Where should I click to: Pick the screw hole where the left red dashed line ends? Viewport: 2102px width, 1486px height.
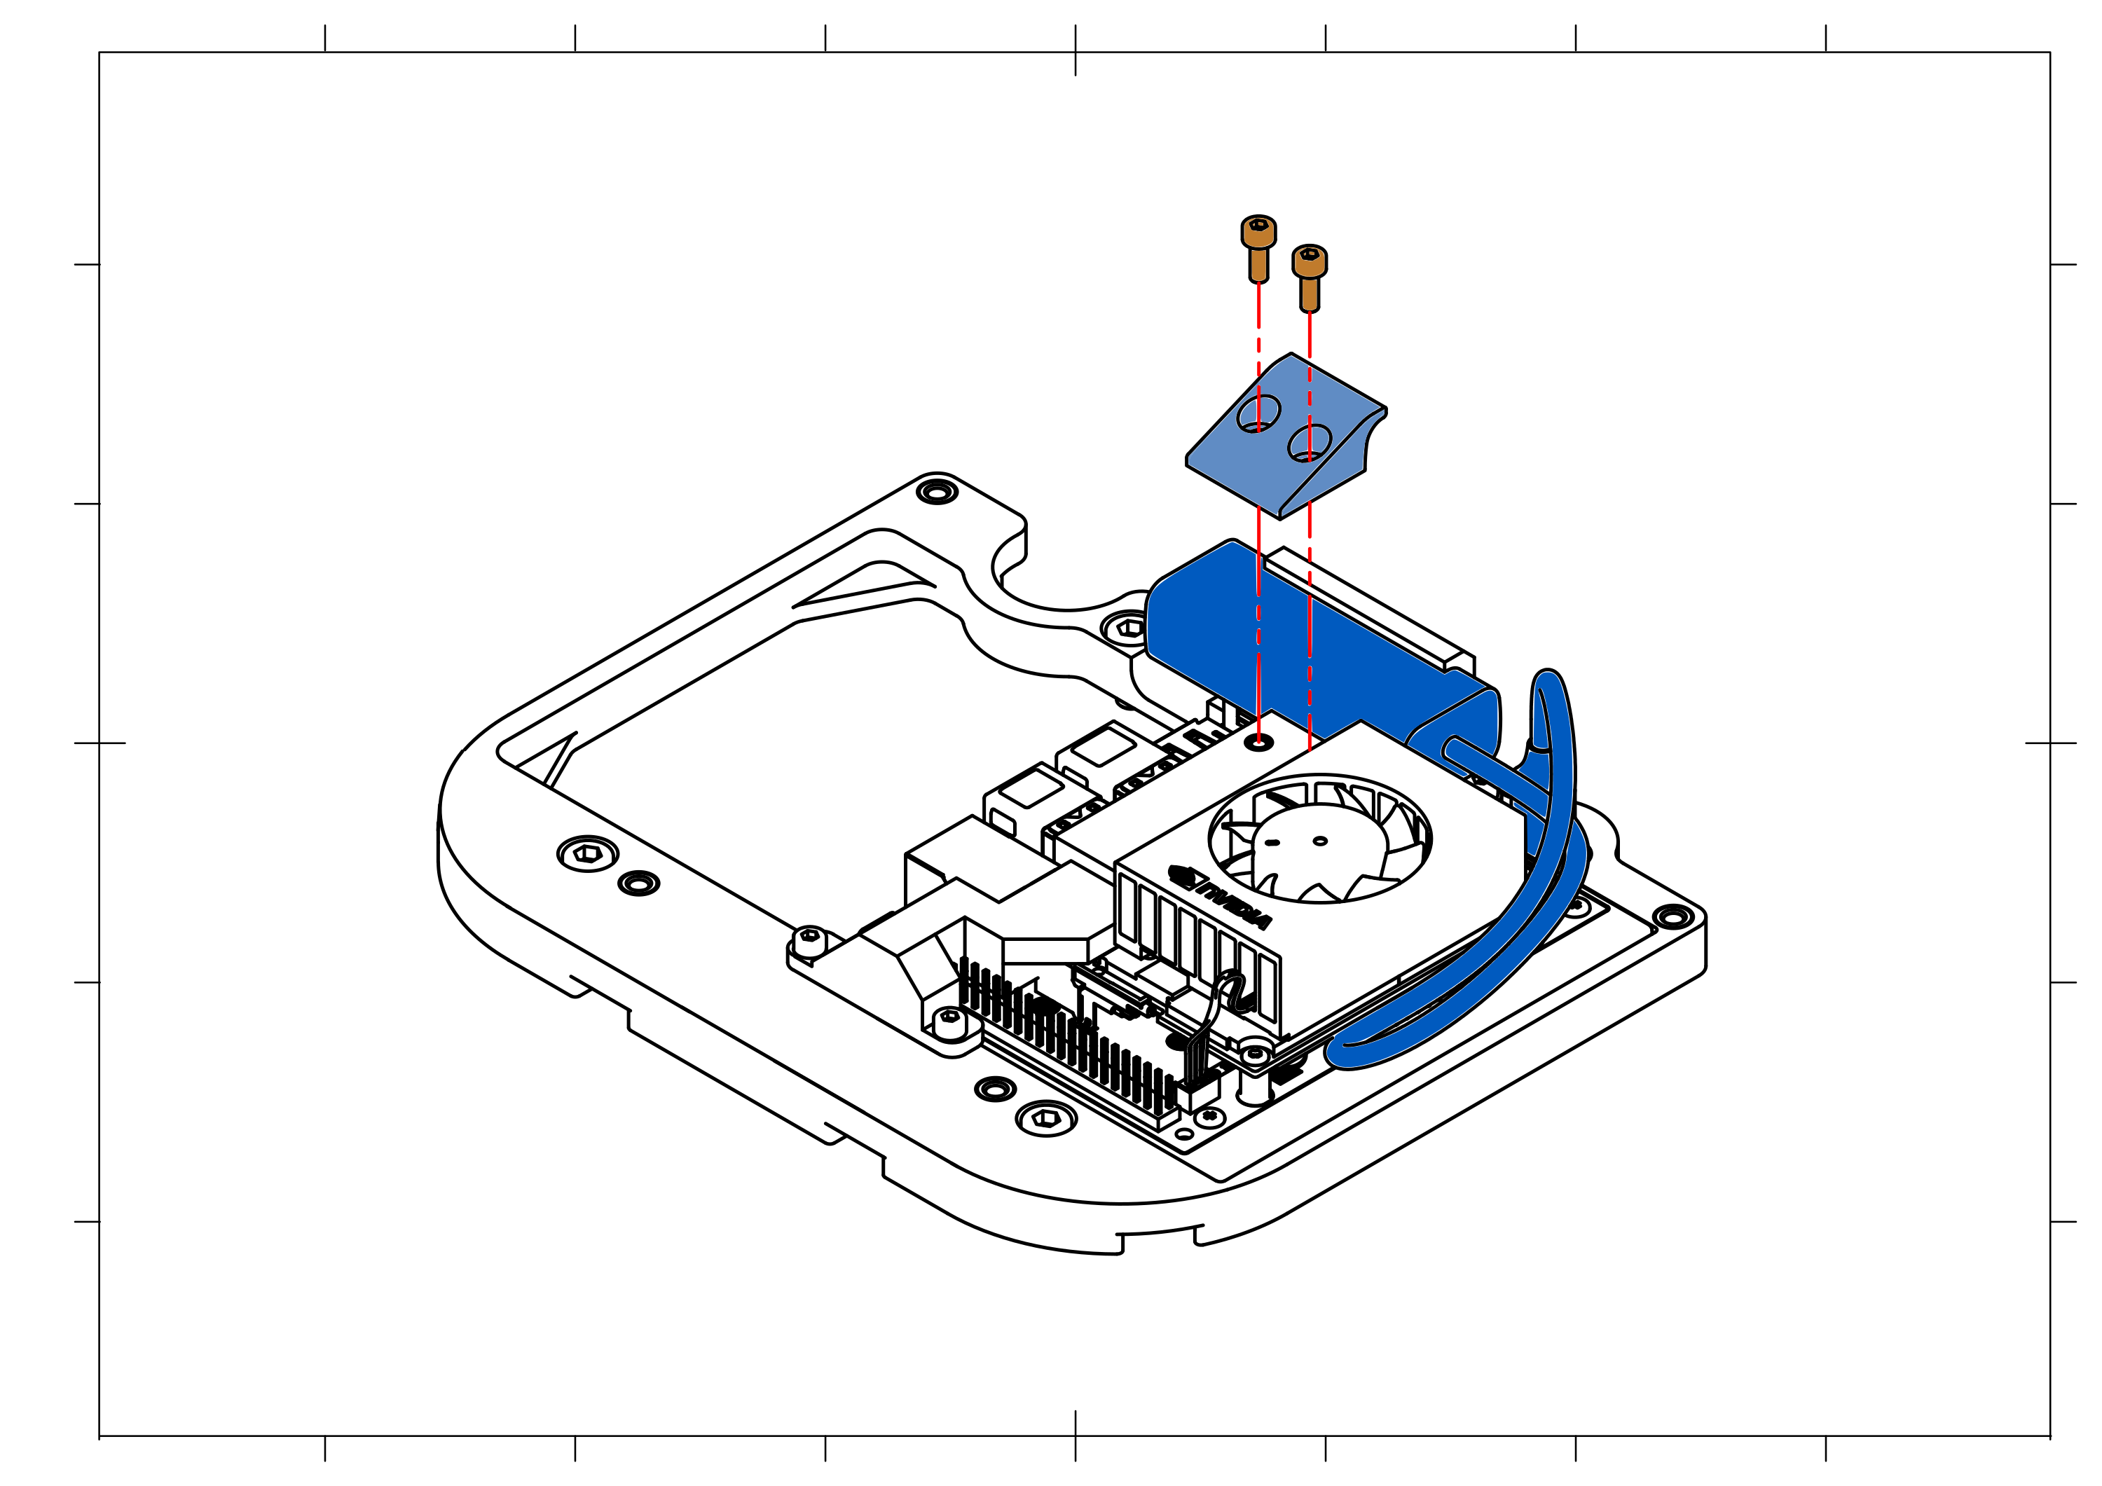(1259, 743)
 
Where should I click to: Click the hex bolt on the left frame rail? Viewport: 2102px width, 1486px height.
(588, 853)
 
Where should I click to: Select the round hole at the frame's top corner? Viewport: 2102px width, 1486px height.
(937, 492)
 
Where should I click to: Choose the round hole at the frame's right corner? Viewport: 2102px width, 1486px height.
(1672, 916)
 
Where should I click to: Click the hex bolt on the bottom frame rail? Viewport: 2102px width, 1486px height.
(1046, 1118)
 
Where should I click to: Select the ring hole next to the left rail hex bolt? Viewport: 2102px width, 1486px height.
(639, 883)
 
